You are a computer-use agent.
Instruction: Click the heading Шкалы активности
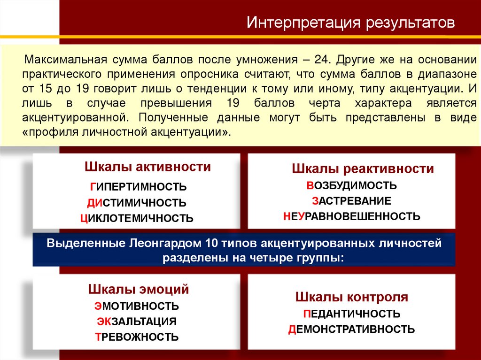point(147,167)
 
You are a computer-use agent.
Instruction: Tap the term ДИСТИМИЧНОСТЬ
point(137,203)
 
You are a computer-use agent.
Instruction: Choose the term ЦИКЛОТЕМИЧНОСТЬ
point(137,218)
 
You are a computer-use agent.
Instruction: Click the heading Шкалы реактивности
point(363,169)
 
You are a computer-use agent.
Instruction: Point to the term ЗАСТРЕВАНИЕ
point(351,201)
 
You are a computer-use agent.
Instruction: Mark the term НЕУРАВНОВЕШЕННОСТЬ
point(351,216)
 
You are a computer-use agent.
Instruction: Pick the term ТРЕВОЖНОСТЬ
point(137,337)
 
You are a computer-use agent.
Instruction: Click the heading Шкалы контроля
point(352,297)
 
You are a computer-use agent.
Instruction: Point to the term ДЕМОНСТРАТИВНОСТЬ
point(351,329)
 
